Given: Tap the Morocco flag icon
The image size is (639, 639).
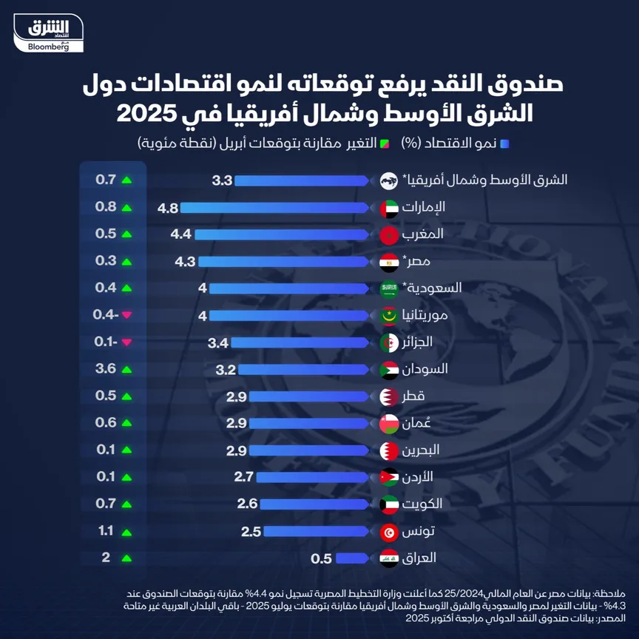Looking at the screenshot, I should pyautogui.click(x=389, y=235).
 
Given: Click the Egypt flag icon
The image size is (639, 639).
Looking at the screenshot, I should pyautogui.click(x=389, y=262).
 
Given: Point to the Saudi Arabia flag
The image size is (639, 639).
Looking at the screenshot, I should pyautogui.click(x=389, y=288).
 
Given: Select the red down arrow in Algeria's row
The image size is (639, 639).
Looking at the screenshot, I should pyautogui.click(x=126, y=342).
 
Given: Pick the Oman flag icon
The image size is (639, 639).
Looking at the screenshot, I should pyautogui.click(x=389, y=423).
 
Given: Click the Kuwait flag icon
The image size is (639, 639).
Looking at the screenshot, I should pyautogui.click(x=389, y=504).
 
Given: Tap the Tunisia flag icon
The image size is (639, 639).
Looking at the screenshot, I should pyautogui.click(x=389, y=532).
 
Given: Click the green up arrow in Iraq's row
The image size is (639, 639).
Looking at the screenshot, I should pyautogui.click(x=126, y=558).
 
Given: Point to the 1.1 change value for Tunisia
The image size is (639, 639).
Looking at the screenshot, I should pyautogui.click(x=105, y=531).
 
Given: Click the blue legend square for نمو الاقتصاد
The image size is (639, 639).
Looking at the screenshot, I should pyautogui.click(x=504, y=143).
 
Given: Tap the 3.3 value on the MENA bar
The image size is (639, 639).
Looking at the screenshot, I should pyautogui.click(x=222, y=180).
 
